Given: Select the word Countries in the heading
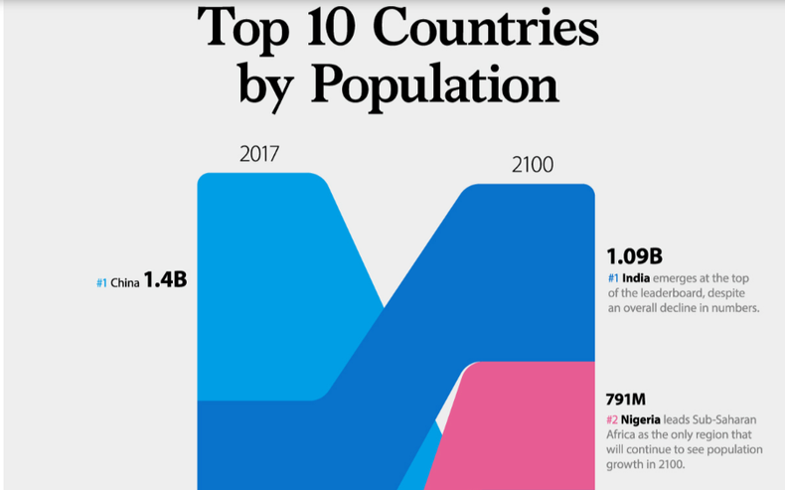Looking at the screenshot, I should [499, 28].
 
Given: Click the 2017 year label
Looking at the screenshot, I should [259, 154].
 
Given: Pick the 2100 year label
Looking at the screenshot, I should [533, 165].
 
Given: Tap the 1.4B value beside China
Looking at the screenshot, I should [165, 280].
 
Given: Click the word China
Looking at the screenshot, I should [124, 283].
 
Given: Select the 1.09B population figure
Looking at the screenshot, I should [635, 254].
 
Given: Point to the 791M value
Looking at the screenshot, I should [626, 401].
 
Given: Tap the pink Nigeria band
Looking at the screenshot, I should [527, 427].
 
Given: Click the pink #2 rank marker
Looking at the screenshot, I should [613, 420].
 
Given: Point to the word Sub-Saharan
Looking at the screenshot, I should [724, 419].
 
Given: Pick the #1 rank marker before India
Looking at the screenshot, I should [615, 278].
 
